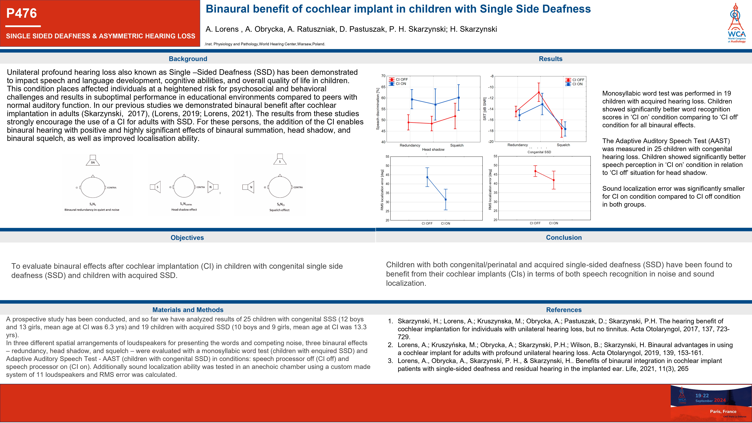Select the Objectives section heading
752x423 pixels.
pyautogui.click(x=187, y=238)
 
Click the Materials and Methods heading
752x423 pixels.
pyautogui.click(x=188, y=310)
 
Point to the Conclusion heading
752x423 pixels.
pyautogui.click(x=564, y=238)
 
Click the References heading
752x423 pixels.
pyautogui.click(x=564, y=310)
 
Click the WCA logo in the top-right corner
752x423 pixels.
pyautogui.click(x=736, y=23)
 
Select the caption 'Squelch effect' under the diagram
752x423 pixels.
pyautogui.click(x=279, y=210)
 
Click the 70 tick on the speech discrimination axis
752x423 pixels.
pyautogui.click(x=383, y=76)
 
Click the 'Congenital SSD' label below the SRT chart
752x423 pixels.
pyautogui.click(x=539, y=152)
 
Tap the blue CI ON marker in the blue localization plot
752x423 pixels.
pyautogui.click(x=445, y=200)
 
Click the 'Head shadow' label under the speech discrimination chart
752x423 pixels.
pyautogui.click(x=433, y=150)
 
